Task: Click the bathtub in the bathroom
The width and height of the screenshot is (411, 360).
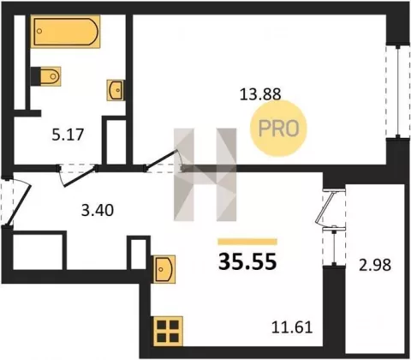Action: point(65,32)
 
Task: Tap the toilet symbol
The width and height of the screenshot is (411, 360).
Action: point(51,76)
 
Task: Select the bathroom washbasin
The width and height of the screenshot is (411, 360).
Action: point(116,90)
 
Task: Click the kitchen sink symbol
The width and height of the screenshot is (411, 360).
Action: point(164,269)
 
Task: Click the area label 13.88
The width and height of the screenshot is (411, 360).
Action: point(260,94)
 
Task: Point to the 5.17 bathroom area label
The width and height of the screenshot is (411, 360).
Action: point(68,135)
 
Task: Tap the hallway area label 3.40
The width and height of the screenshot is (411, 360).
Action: point(98,211)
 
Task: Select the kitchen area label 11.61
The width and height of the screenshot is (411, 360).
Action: point(292,327)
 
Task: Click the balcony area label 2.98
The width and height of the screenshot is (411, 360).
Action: point(375,265)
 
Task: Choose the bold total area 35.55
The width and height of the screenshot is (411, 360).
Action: point(247,262)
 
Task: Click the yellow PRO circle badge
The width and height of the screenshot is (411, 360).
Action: point(278,129)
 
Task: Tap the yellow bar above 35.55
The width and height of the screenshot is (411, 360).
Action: point(247,242)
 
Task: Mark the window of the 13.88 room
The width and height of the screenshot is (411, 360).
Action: point(397,91)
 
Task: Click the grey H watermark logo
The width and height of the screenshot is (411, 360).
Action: point(205,175)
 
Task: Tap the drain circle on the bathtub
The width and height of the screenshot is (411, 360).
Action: point(39,31)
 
